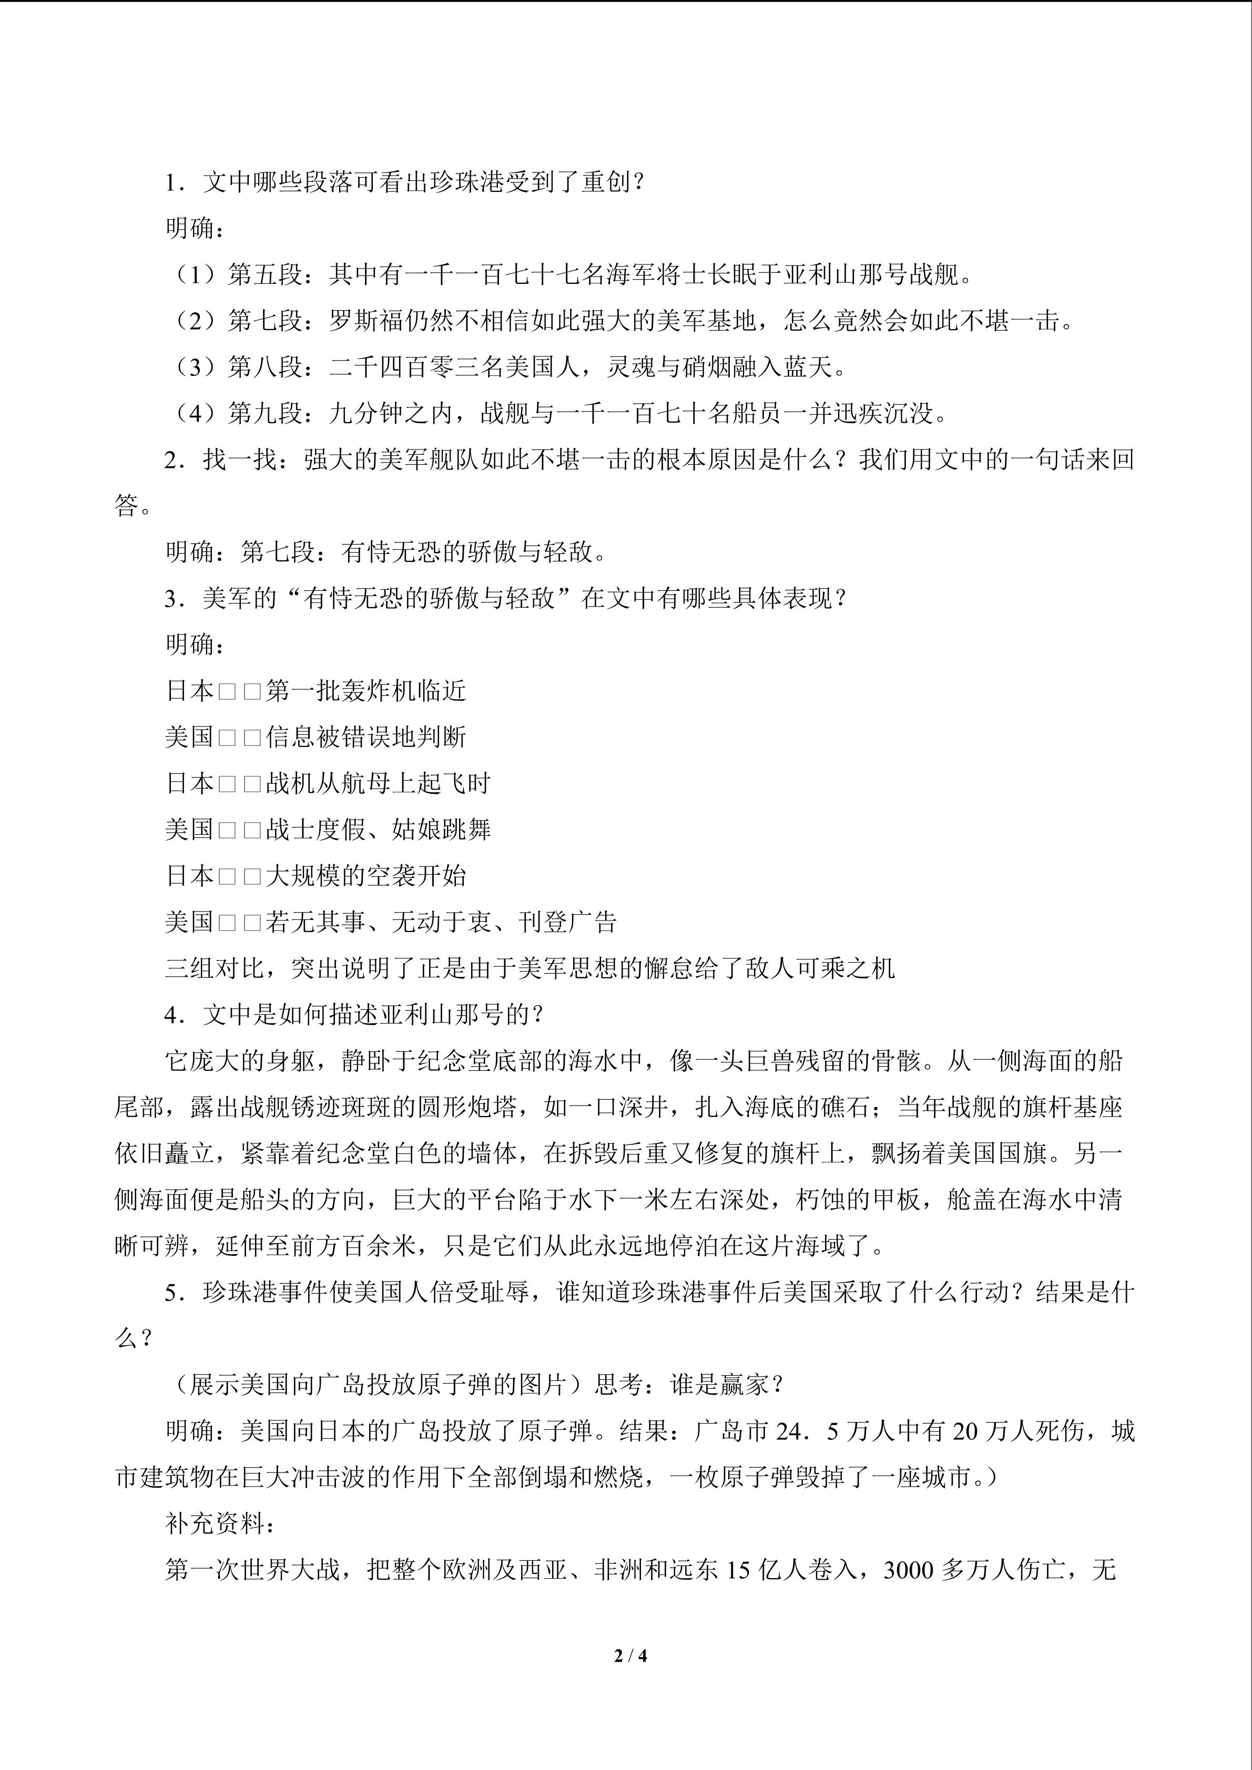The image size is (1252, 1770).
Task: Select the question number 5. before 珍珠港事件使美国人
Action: click(x=174, y=1293)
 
